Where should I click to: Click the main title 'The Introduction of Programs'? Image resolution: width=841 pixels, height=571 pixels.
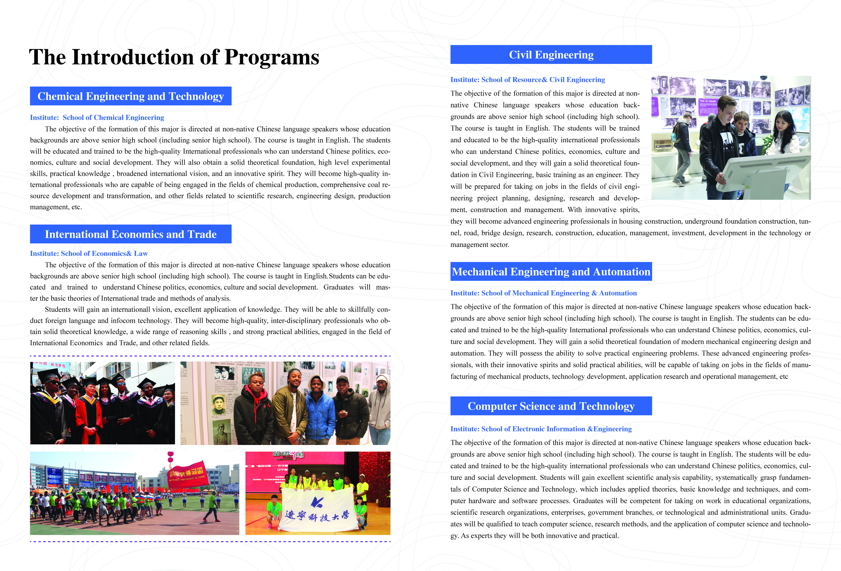[x=174, y=57]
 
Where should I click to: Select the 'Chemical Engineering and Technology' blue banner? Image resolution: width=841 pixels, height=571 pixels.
[x=131, y=96]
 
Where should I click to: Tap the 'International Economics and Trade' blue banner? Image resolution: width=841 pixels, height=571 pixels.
[x=131, y=234]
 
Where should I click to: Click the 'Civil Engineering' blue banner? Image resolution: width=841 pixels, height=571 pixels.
[x=551, y=55]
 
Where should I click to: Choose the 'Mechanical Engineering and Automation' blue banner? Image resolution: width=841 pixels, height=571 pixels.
[x=551, y=272]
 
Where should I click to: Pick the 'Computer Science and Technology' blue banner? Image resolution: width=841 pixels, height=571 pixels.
[x=551, y=406]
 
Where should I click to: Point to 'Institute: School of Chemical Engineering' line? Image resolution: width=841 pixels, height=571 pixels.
[x=97, y=117]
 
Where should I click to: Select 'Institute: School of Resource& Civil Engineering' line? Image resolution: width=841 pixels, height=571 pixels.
[x=527, y=80]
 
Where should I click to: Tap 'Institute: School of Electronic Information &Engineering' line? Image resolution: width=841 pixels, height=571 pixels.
[x=541, y=429]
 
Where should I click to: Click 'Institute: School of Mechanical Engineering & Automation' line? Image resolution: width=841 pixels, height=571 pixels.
[x=543, y=293]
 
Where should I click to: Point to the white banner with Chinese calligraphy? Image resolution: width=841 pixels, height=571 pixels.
[x=318, y=509]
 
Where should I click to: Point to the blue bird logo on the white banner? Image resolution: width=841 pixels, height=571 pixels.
[x=317, y=501]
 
